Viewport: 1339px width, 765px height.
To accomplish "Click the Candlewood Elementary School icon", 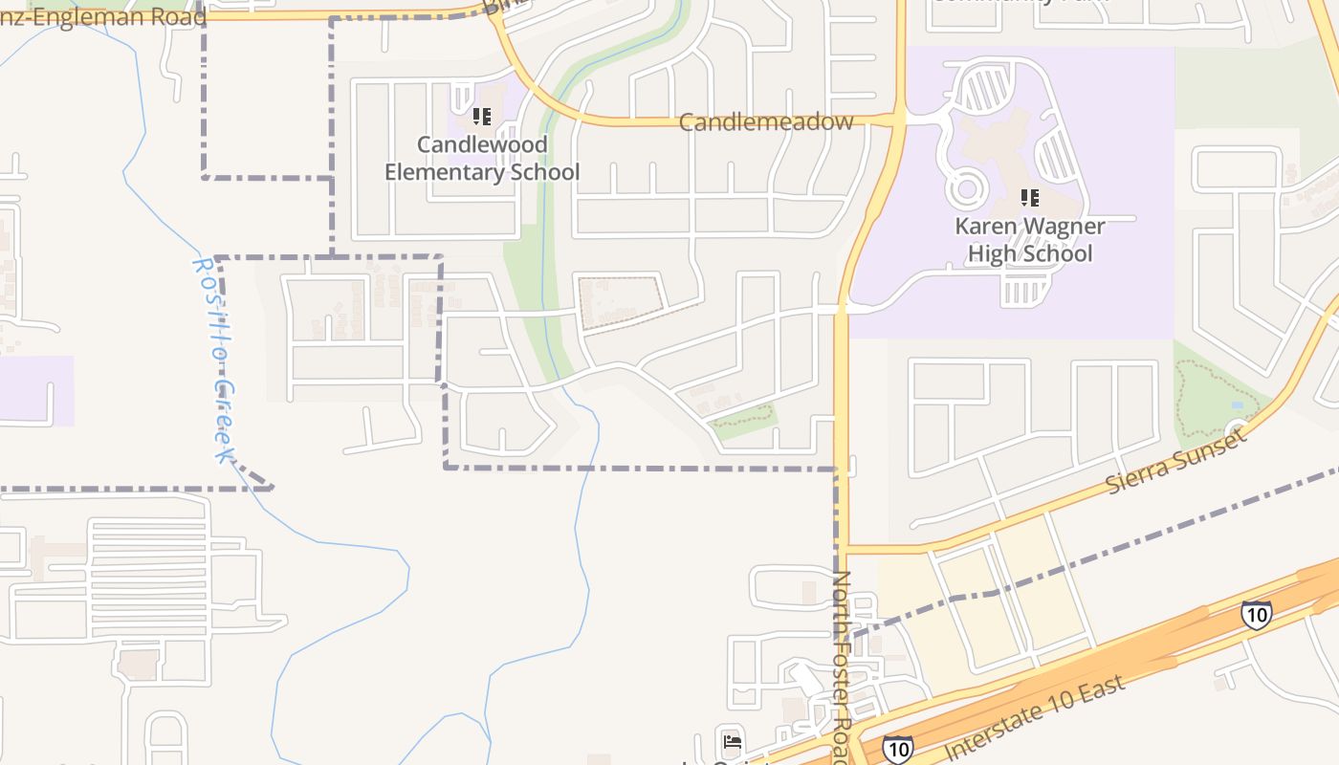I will pos(482,117).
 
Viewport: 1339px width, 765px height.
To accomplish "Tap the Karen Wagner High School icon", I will pos(1029,198).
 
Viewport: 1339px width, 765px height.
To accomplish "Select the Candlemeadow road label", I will pos(765,122).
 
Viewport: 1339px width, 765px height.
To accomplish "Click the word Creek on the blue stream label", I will pos(226,421).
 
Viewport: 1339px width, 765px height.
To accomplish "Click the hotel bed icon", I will pos(733,741).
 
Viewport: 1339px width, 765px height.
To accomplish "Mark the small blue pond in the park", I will pos(1238,406).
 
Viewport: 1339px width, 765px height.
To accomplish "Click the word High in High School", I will pos(995,253).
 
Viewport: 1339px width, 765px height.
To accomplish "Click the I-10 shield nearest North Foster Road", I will pos(896,747).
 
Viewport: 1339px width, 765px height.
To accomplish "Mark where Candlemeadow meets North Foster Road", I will pos(899,120).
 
